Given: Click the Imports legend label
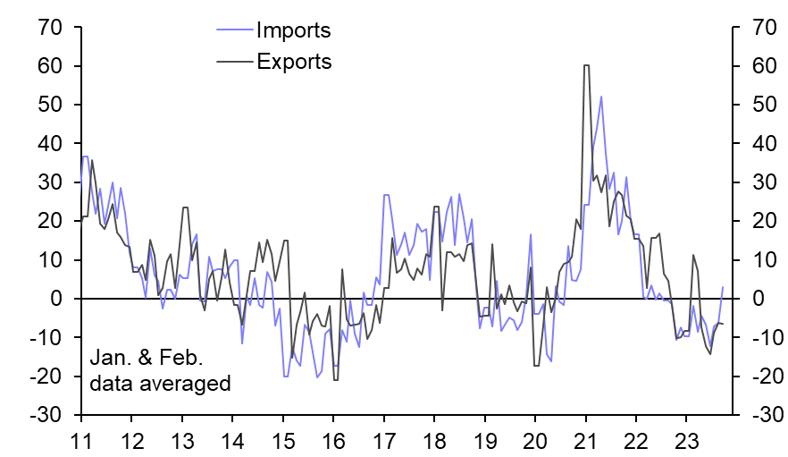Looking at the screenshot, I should [x=293, y=30].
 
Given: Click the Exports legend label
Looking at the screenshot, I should [x=294, y=62].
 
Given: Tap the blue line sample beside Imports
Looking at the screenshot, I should [x=234, y=31].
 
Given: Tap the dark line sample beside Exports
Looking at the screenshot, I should [x=234, y=63].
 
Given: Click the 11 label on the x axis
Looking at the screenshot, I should [x=81, y=440].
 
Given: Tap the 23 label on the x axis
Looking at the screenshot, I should [x=686, y=440].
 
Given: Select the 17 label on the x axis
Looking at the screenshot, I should [x=384, y=440].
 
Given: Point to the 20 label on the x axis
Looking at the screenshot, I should [x=535, y=440].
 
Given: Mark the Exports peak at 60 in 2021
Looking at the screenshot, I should [x=586, y=65].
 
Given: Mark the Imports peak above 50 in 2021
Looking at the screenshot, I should [x=601, y=97].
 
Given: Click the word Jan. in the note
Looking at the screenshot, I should [x=108, y=360].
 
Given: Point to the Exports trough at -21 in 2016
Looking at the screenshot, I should [x=335, y=380].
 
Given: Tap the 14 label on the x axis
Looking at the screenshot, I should [x=232, y=440].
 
